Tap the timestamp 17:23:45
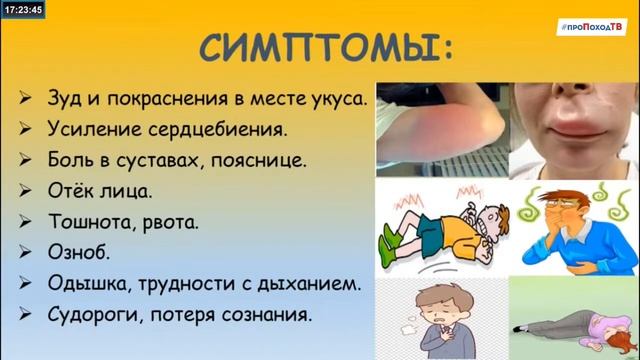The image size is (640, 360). [x=22, y=11]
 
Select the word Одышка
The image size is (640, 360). [x=87, y=283]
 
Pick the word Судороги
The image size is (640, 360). [x=97, y=313]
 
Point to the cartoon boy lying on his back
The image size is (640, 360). [x=440, y=230]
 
